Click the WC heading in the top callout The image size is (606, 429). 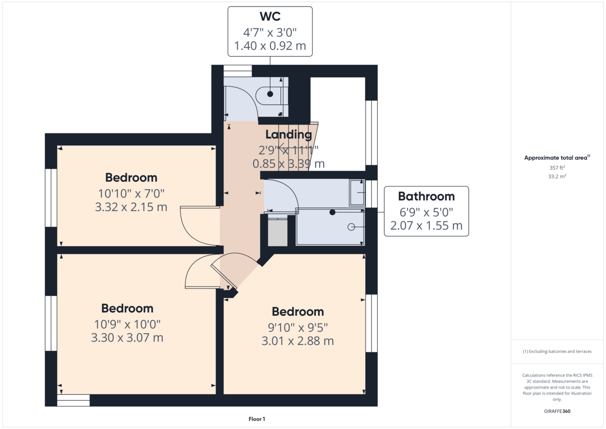pos(270,17)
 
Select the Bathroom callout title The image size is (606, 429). pos(426,196)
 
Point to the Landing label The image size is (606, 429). pos(288,134)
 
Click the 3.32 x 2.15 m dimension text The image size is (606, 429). pos(131,207)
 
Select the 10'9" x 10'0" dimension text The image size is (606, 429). pos(127,323)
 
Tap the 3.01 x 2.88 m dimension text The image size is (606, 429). pos(297,341)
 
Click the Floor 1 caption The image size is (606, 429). pos(257,419)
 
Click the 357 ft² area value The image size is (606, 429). pos(557,167)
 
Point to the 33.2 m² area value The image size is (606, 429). pos(557,176)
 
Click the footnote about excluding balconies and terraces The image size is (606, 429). pos(557,351)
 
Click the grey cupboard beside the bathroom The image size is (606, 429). pos(277,233)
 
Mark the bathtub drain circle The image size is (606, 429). pos(351,227)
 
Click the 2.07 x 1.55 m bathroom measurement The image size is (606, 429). pos(426,225)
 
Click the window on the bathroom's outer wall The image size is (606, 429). pos(372,193)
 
